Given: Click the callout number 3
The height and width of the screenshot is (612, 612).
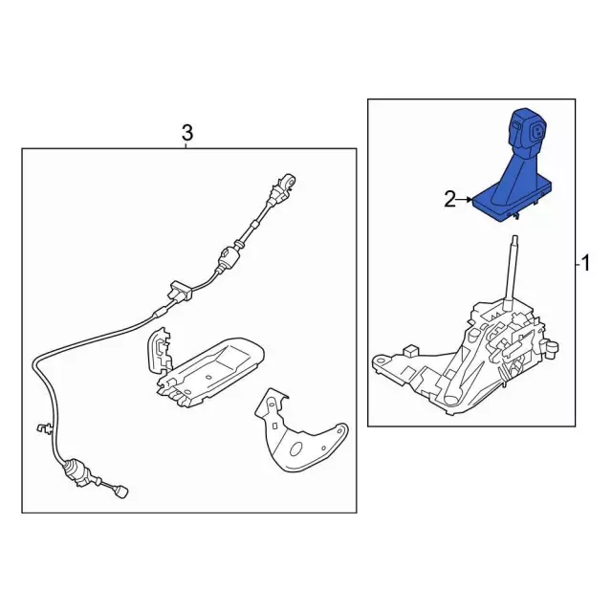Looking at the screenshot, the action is tap(187, 133).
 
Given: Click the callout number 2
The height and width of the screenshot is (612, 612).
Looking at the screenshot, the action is tap(450, 200).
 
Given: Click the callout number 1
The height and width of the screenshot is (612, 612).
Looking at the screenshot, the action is tap(585, 264).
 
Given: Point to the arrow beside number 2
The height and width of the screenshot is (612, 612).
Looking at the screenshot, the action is tap(465, 200).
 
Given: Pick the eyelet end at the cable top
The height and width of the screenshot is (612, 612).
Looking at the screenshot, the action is tap(289, 181).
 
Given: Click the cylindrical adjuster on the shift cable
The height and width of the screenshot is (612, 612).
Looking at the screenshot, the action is tap(228, 258).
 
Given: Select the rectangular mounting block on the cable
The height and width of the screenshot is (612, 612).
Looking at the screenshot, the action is tap(181, 290).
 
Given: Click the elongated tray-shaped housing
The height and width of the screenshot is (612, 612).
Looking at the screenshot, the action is tap(210, 372).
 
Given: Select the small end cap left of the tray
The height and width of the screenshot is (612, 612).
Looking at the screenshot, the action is tap(160, 349).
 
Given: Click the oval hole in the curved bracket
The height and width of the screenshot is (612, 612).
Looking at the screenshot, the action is tap(297, 448).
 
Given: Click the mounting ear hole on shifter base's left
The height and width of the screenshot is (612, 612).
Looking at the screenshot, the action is tap(381, 359).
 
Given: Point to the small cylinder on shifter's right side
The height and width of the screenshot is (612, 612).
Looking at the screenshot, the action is tap(553, 347).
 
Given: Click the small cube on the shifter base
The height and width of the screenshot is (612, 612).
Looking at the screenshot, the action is tap(410, 350).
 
